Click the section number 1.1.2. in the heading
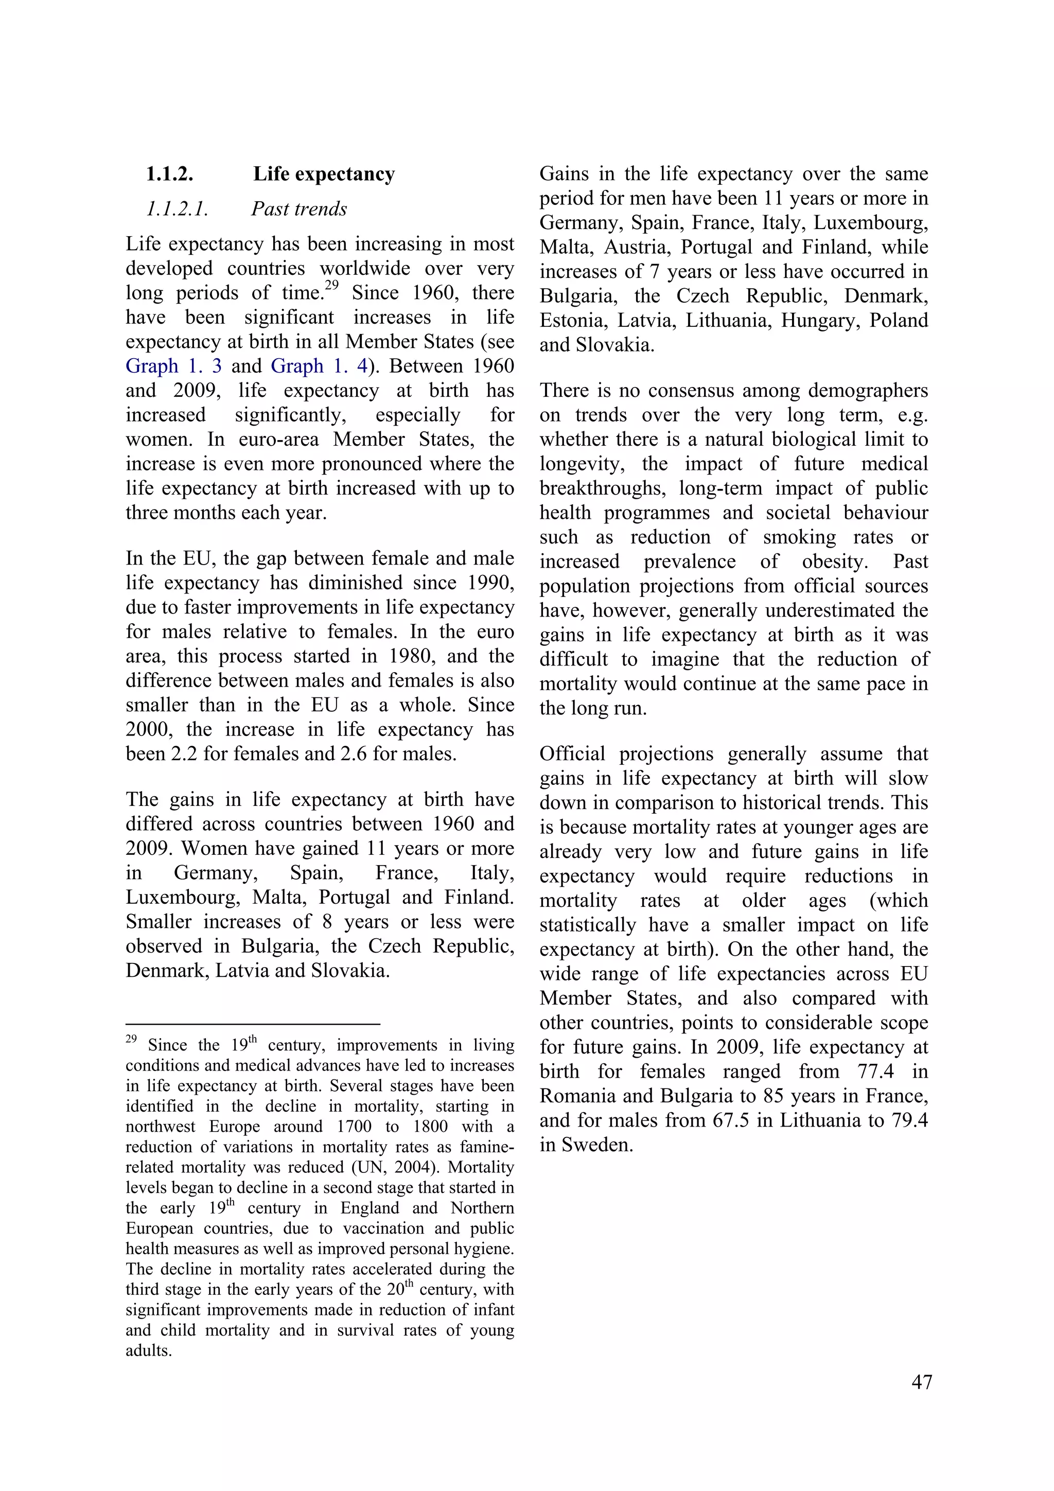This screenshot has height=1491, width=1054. pos(169,174)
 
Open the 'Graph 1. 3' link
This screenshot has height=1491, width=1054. pos(173,366)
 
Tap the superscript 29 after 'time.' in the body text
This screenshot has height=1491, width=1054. pos(331,285)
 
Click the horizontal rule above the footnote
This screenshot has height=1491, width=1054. pos(253,1024)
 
